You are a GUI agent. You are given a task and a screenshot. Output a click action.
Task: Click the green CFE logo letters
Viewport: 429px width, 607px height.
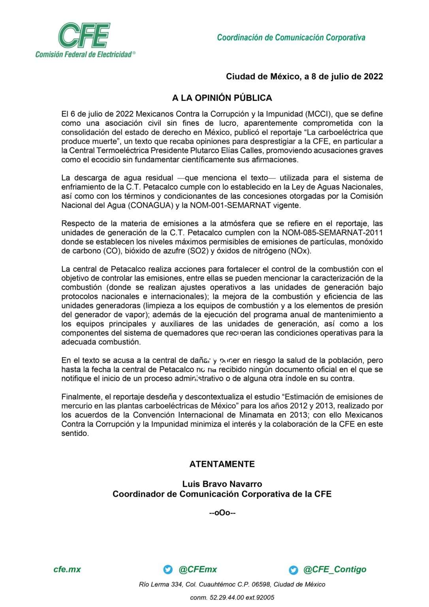(84, 35)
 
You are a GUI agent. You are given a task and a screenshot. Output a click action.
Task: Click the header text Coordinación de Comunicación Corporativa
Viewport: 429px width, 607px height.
(291, 38)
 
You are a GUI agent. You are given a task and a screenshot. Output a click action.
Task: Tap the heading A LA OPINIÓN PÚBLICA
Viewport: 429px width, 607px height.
(222, 98)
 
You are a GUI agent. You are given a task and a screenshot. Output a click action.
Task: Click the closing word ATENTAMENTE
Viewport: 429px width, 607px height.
(222, 464)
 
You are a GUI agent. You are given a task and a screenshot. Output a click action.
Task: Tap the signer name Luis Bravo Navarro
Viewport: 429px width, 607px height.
(222, 484)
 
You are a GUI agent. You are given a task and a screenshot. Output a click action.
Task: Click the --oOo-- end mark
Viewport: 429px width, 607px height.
(222, 513)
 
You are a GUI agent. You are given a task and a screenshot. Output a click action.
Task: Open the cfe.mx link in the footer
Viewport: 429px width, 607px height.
(67, 569)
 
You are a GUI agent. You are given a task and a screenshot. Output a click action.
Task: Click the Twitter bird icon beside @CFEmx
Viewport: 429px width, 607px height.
(168, 569)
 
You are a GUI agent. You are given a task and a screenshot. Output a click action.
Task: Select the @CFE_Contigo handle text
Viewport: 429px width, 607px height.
(335, 569)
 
